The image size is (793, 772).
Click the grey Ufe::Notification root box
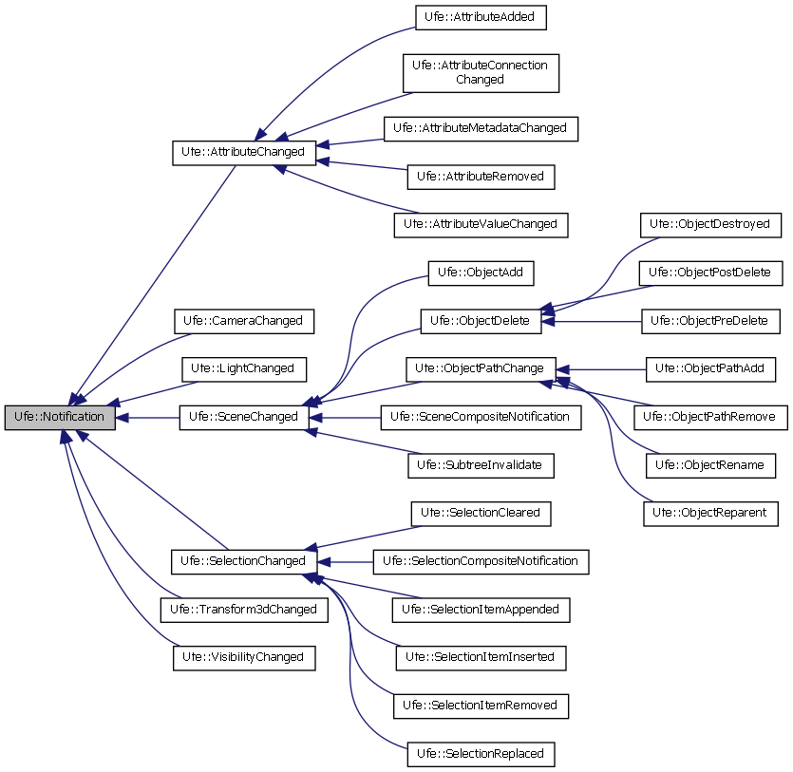(x=60, y=417)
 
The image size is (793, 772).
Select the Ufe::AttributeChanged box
(x=243, y=151)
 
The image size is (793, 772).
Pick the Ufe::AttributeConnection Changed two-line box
(x=480, y=72)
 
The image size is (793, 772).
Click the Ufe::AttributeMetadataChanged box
(x=480, y=127)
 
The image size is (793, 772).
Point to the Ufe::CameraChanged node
(x=243, y=321)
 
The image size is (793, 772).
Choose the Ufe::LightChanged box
(x=243, y=367)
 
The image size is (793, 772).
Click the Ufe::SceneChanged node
(x=243, y=417)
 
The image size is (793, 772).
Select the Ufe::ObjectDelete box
(x=481, y=321)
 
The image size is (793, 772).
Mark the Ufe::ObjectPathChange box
(x=481, y=367)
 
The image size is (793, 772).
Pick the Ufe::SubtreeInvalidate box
(x=481, y=465)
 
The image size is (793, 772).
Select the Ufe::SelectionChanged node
(x=243, y=561)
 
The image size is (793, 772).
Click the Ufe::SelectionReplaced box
(x=481, y=753)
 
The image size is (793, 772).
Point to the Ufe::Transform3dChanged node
(x=243, y=609)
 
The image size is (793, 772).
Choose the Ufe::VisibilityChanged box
(x=243, y=656)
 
